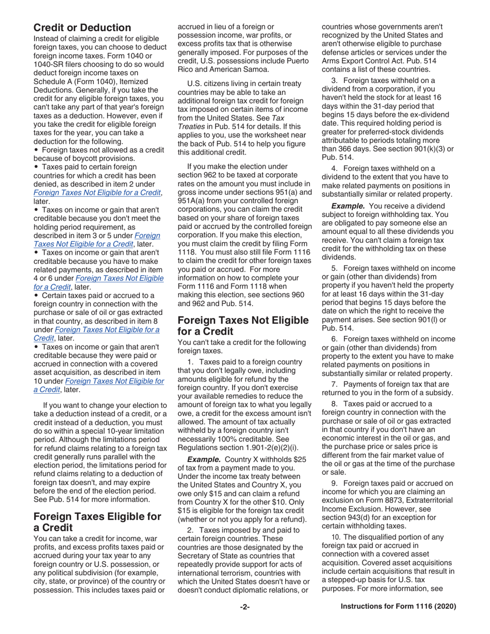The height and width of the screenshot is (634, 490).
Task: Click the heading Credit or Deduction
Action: [x=82, y=28]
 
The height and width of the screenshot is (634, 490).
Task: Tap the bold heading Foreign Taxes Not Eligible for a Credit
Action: [x=243, y=325]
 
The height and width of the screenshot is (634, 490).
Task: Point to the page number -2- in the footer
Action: [x=244, y=607]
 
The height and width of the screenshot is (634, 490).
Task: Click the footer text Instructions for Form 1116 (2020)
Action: [x=398, y=607]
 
